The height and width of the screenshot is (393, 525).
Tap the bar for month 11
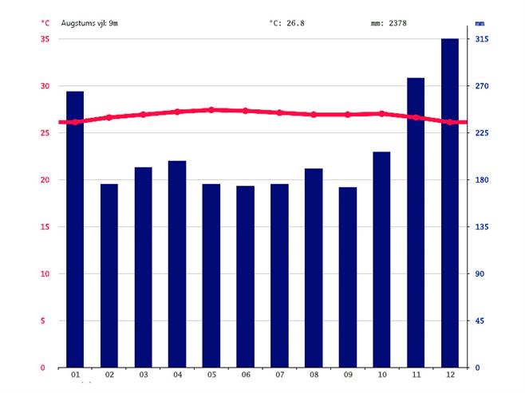pos(416,222)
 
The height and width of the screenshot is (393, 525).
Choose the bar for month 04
pos(177,264)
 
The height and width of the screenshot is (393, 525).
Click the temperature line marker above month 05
pos(211,110)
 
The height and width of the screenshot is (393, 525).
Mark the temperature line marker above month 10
pos(381,114)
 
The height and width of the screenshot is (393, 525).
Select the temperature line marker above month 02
pos(109,117)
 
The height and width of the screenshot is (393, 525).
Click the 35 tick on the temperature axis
pos(45,39)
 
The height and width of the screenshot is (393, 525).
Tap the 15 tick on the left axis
pos(45,227)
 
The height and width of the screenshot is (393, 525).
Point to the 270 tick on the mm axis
pos(481,86)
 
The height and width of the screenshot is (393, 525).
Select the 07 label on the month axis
pos(279,375)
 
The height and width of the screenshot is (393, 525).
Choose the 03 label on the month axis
pos(144,375)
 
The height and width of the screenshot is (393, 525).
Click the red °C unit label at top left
pos(45,23)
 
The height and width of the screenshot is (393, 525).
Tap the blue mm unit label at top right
pos(480,23)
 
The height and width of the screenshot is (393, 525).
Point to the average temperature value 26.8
pos(287,23)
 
